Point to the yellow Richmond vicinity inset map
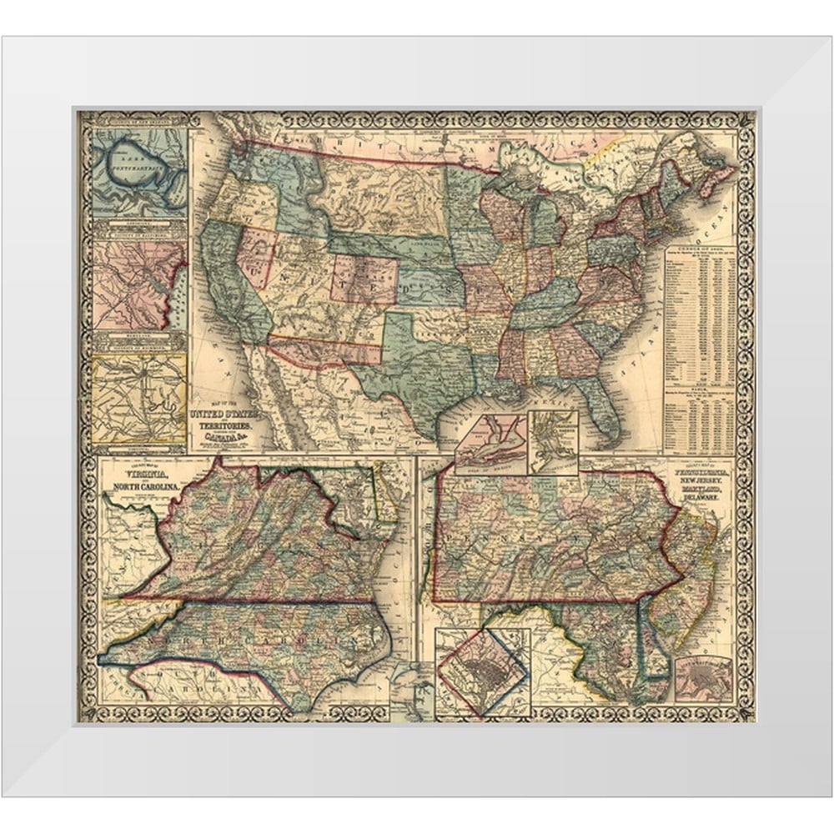(138, 397)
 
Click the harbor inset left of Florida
(552, 440)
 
